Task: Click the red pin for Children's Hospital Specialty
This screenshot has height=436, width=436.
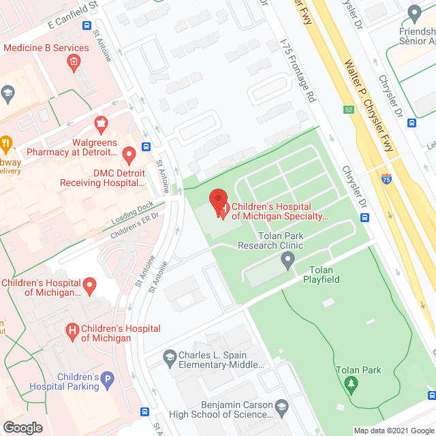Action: coord(218,202)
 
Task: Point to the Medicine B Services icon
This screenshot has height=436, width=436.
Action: coord(73,63)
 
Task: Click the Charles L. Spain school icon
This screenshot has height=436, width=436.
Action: coord(170,356)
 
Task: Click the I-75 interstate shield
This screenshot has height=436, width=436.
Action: coord(386,180)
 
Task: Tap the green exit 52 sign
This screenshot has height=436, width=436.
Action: coord(348,110)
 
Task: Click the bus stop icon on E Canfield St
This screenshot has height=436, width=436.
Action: coord(87,26)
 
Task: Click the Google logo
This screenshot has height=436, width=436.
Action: coord(22,427)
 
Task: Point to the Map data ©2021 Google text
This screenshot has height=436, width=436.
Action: coord(393,430)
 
